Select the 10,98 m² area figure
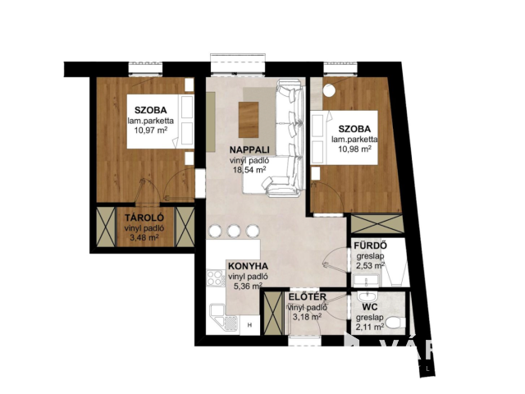(352, 149)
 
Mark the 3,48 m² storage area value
(144, 238)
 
